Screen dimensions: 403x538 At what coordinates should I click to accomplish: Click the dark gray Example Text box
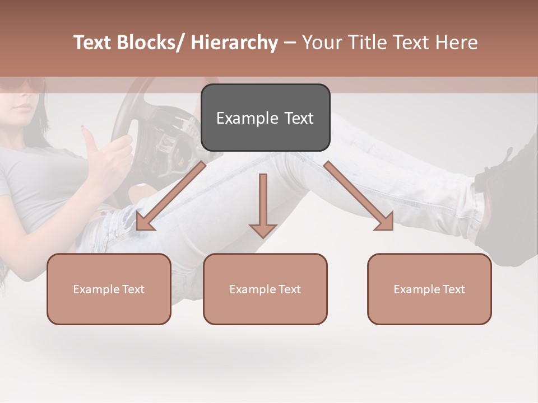265,118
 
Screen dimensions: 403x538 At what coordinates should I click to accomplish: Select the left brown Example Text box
109,289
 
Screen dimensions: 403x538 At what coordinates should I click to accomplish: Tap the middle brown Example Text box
265,289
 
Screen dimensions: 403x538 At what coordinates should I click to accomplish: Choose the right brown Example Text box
429,289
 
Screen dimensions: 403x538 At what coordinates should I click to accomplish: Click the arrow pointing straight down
263,205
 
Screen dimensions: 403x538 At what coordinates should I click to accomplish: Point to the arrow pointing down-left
171,196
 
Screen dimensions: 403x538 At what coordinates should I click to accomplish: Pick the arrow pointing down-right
359,196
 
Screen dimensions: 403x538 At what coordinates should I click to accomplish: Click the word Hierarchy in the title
234,43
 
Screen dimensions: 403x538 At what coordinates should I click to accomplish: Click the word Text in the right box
454,289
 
